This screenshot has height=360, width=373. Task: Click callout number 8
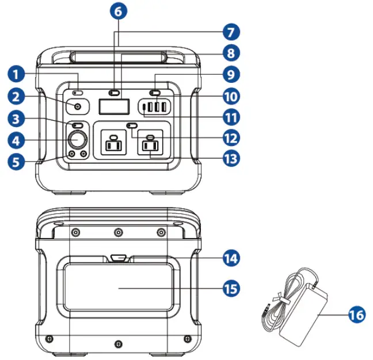pyautogui.click(x=231, y=53)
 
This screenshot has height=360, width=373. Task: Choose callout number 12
pyautogui.click(x=231, y=137)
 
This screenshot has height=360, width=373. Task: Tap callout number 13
pyautogui.click(x=231, y=158)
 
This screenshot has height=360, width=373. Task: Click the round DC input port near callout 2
pyautogui.click(x=77, y=106)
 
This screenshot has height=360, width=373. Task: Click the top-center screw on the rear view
pyautogui.click(x=118, y=232)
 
